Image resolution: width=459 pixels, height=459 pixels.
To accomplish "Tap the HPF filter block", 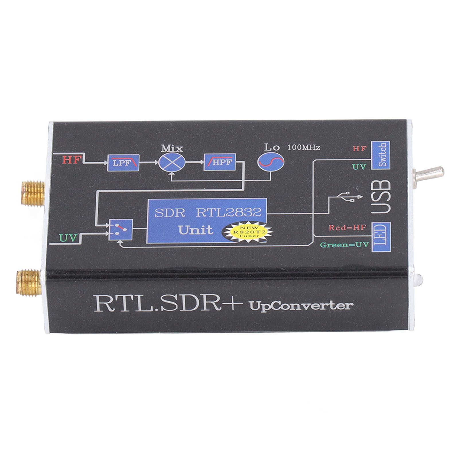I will (219, 162).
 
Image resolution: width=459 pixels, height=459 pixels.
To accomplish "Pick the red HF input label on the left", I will (71, 160).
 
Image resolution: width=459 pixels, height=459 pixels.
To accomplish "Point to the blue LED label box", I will (380, 237).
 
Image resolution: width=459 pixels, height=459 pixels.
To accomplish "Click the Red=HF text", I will (347, 228).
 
